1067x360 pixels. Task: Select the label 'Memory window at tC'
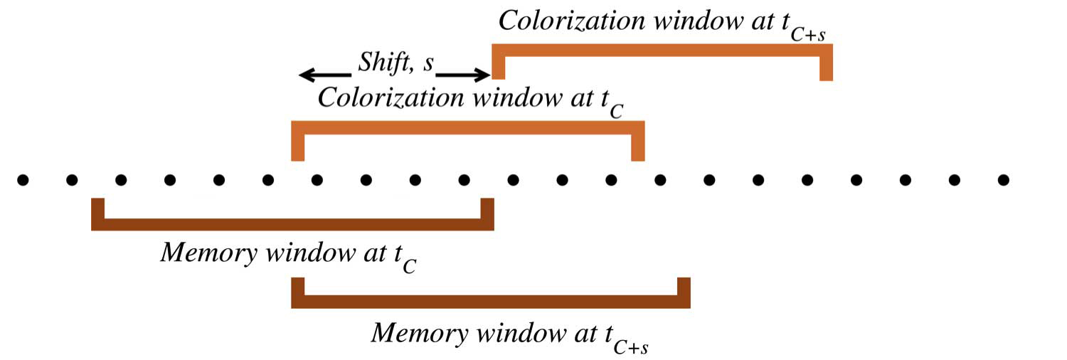(x=288, y=256)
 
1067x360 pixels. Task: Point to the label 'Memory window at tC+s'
(x=512, y=334)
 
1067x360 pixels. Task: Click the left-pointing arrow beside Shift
(x=324, y=74)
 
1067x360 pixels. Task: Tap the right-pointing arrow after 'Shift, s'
(x=463, y=74)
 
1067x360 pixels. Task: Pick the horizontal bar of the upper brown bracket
(x=292, y=225)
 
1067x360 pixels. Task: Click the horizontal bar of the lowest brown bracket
(x=491, y=302)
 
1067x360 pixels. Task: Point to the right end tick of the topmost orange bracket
(x=826, y=68)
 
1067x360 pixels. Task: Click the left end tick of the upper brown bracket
(x=98, y=210)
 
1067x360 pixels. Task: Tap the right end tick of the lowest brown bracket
(x=684, y=288)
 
